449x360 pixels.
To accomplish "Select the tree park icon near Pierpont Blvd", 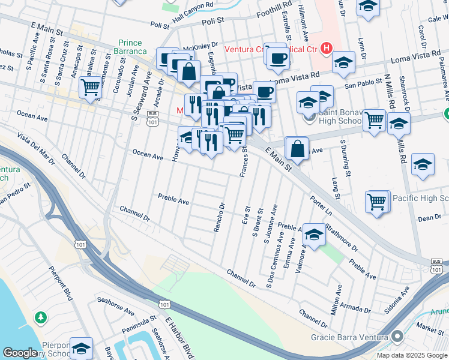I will [40, 316].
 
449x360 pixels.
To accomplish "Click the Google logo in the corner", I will [20, 353].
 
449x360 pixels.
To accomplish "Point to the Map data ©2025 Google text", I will [411, 355].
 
